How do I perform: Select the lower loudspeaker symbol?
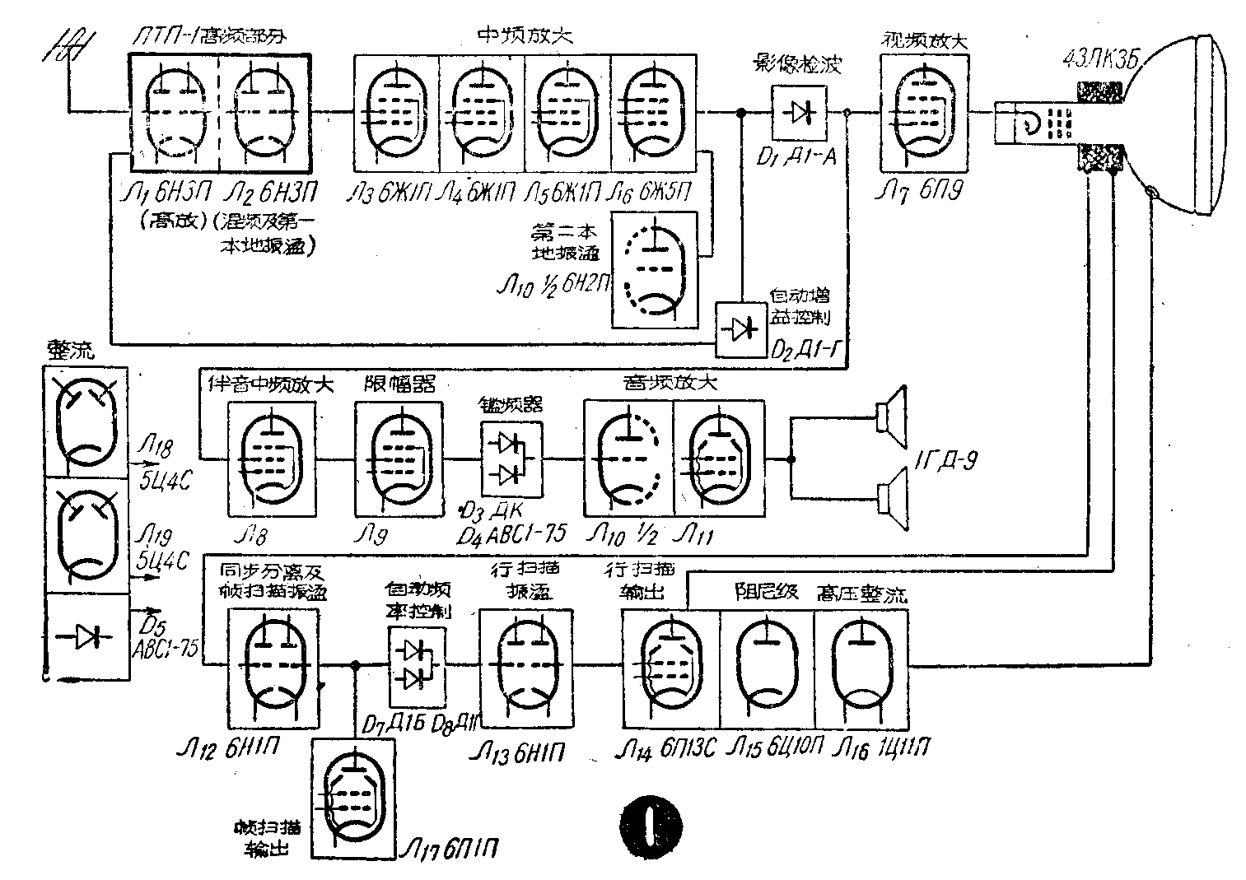point(891,498)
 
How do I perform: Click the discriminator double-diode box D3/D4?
point(511,459)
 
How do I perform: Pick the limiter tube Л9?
point(399,459)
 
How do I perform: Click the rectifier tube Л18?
point(86,420)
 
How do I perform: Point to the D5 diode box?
point(86,636)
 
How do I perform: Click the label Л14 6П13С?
point(668,747)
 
